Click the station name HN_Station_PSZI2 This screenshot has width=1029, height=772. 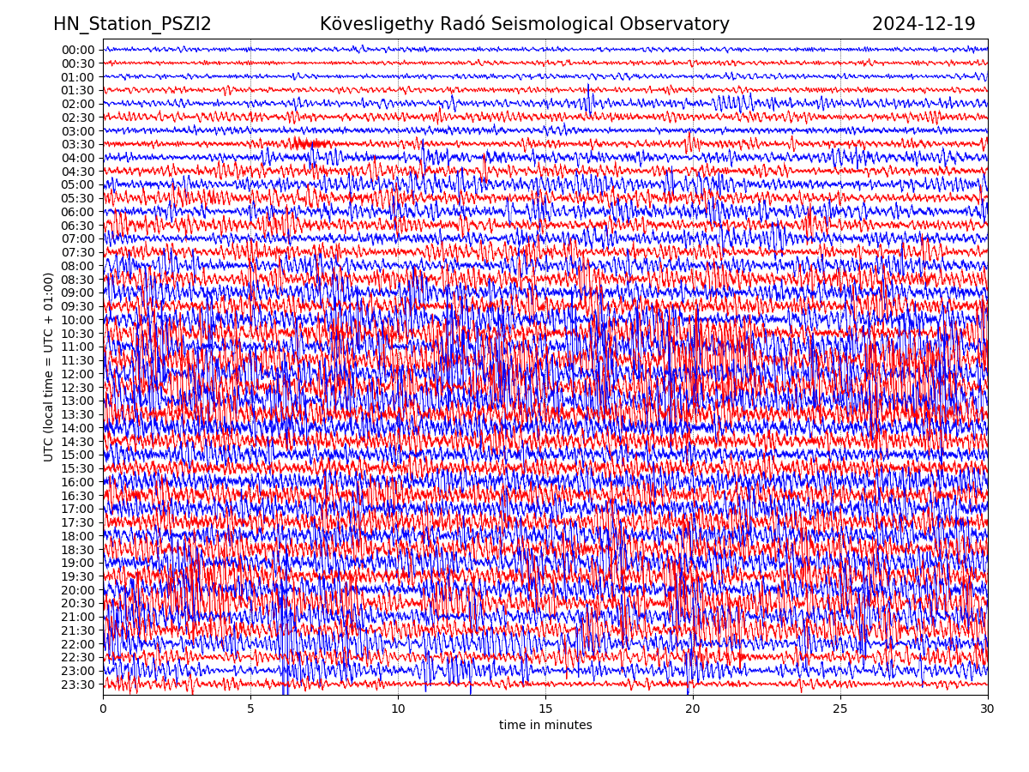click(132, 25)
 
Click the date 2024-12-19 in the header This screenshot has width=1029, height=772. click(924, 25)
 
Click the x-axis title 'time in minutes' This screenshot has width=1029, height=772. click(545, 726)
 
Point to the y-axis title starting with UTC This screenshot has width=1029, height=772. click(49, 367)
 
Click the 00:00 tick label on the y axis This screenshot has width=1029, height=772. click(78, 50)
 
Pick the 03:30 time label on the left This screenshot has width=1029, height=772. click(78, 144)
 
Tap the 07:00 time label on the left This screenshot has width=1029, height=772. click(78, 239)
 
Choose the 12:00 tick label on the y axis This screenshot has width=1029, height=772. click(78, 374)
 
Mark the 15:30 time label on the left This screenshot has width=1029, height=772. click(78, 468)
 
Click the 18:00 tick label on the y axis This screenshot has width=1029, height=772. click(78, 536)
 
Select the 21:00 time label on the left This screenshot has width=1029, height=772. click(78, 618)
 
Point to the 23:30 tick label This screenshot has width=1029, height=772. click(78, 685)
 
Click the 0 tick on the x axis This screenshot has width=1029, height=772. click(103, 709)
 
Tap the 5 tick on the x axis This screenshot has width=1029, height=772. click(250, 709)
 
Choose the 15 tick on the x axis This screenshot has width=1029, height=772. click(545, 709)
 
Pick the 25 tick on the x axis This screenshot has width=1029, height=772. click(840, 709)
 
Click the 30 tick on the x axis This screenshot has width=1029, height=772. click(988, 709)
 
